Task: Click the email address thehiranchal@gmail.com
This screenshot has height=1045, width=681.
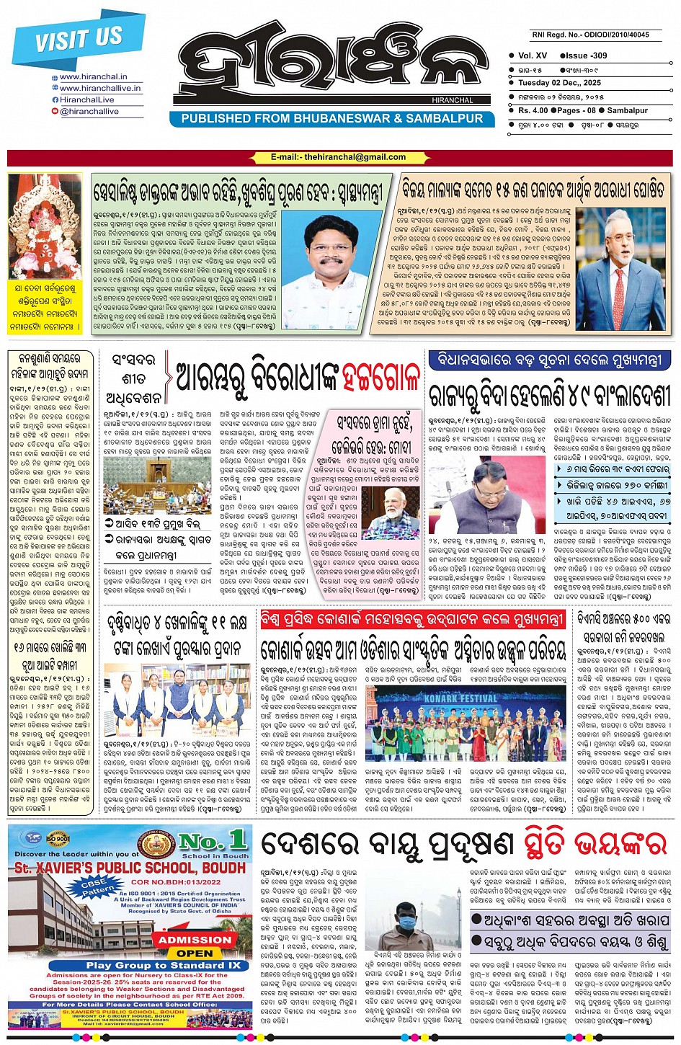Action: pyautogui.click(x=339, y=157)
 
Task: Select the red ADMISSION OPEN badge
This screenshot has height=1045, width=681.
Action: pyautogui.click(x=195, y=946)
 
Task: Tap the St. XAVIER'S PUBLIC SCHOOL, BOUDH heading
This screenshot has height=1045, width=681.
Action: pyautogui.click(x=130, y=868)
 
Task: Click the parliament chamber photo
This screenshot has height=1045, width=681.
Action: pyautogui.click(x=146, y=486)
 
